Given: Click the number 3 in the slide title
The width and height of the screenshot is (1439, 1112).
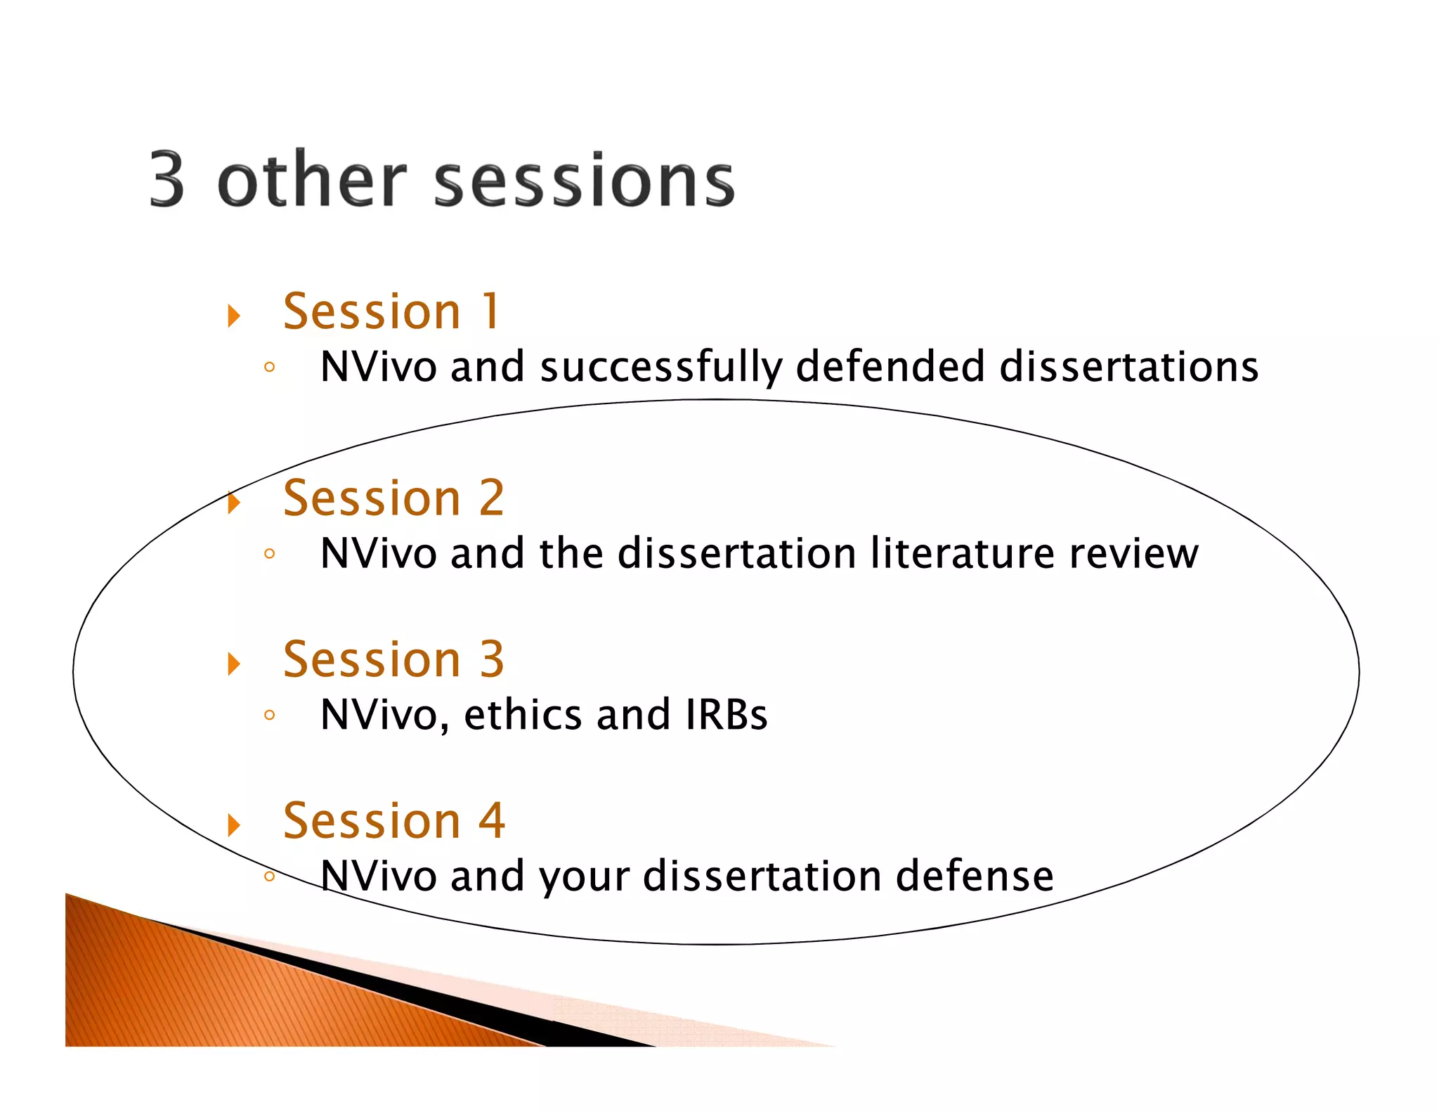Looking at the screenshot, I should [167, 180].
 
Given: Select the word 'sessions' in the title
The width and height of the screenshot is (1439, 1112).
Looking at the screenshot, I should [585, 181].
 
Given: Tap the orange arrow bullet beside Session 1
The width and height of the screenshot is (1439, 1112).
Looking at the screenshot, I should [234, 316].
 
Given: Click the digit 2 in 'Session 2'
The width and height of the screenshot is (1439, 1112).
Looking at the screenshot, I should [491, 498].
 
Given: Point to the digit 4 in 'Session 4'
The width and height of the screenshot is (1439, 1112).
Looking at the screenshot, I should [491, 821].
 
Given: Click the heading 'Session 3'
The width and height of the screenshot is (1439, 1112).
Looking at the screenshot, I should [393, 659].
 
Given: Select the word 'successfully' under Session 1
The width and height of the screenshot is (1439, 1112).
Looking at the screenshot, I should [660, 368].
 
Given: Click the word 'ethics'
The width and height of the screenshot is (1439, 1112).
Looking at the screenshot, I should [523, 715].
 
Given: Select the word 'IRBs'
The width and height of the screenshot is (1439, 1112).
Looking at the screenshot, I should [726, 715].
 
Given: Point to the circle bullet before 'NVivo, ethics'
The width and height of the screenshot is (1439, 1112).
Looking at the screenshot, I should [269, 716].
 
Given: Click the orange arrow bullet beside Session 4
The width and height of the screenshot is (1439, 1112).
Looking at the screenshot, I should [234, 825].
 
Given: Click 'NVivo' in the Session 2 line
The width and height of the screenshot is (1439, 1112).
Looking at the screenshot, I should [378, 554].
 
